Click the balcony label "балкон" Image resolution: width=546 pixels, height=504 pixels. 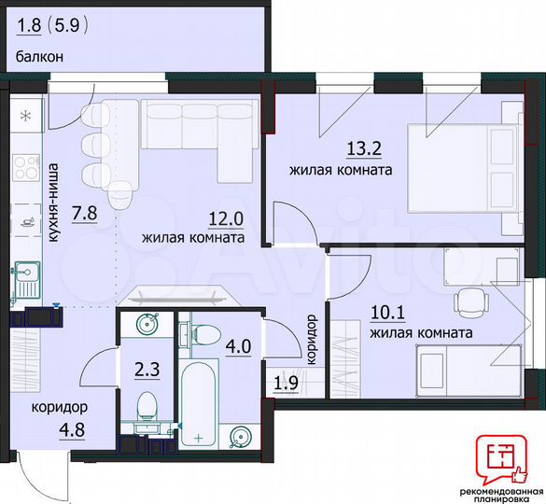(38, 56)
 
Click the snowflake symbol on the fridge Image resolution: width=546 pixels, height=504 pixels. (25, 117)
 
